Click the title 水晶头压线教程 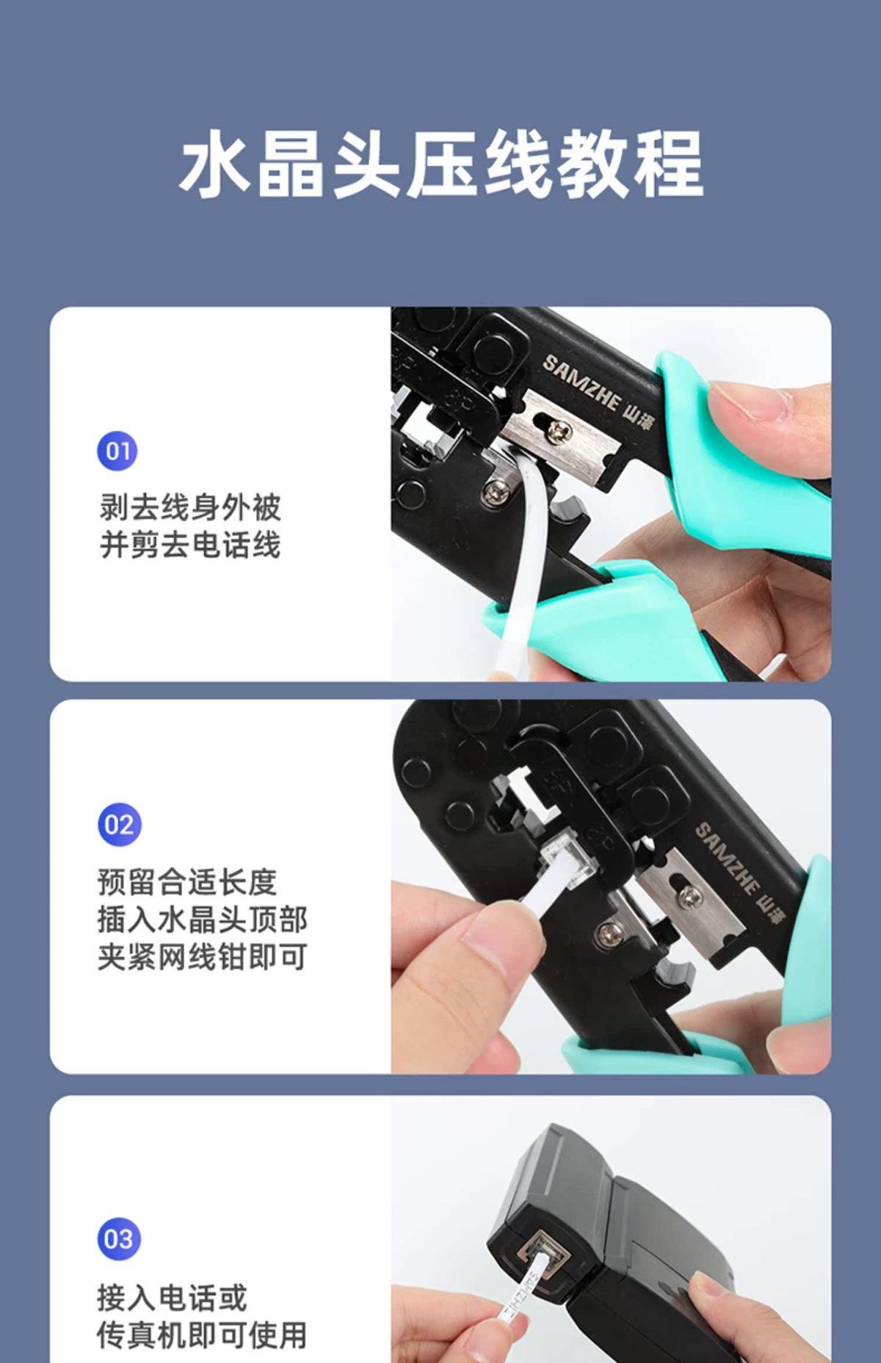[441, 164]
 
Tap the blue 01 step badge [117, 450]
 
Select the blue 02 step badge [118, 824]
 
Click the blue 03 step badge [118, 1239]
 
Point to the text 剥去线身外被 [190, 507]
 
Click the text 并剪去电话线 [190, 545]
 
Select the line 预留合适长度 [187, 882]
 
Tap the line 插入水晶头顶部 [202, 920]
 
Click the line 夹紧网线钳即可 [202, 957]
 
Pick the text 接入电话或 [172, 1298]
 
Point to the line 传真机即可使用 [202, 1335]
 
